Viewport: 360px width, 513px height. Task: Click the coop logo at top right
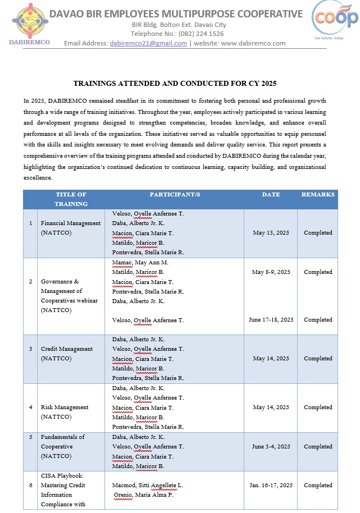(x=335, y=21)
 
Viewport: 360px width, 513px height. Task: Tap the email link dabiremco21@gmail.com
(x=148, y=43)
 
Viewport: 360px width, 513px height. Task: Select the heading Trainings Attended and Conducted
(x=175, y=84)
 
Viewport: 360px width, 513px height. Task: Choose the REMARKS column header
(x=318, y=195)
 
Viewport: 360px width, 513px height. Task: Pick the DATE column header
(x=271, y=195)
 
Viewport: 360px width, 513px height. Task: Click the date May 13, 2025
(x=271, y=233)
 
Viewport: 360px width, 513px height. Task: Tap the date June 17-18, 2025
(x=271, y=320)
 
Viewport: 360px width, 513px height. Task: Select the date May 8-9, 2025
(x=271, y=272)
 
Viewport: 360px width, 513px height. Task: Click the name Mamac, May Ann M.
(x=140, y=262)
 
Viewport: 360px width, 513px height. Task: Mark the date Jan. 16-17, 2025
(x=271, y=485)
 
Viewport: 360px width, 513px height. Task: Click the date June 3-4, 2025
(x=271, y=447)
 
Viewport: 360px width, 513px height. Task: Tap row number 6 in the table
(x=30, y=485)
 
